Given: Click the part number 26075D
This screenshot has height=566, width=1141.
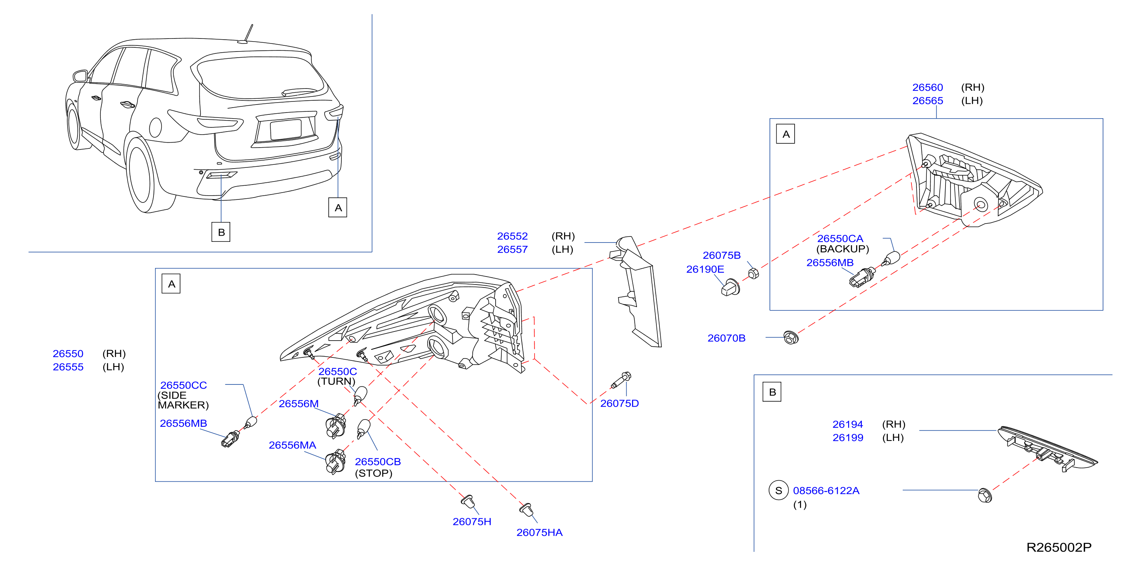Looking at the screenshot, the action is (x=619, y=403).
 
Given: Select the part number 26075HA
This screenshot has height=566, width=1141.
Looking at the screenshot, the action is (x=539, y=532).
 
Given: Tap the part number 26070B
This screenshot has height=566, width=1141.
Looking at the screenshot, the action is (x=726, y=338).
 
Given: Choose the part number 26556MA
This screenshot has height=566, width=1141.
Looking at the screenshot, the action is (x=293, y=445).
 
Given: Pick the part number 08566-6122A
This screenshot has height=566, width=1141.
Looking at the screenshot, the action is (x=826, y=490).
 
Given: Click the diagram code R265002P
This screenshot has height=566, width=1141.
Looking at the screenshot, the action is (x=1059, y=547).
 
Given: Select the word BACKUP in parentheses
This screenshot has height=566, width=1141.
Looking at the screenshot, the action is (x=842, y=249).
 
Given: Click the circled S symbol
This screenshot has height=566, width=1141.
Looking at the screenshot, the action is (x=778, y=490).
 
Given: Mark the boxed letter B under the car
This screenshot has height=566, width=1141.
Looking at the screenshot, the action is (x=221, y=232).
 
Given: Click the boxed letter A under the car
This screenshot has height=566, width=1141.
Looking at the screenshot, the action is (x=338, y=207).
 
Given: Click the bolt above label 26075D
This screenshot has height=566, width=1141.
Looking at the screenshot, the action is (x=621, y=381).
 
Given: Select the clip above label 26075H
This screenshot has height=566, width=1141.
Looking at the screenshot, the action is (x=468, y=502).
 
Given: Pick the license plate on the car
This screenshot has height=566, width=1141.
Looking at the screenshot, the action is (x=286, y=129).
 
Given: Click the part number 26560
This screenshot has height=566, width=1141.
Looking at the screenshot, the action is (x=928, y=87).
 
